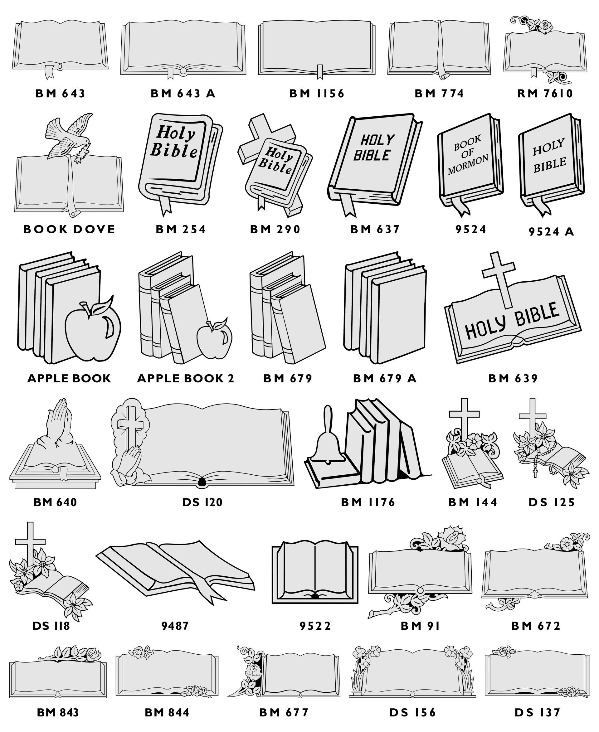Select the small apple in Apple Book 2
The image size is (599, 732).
[215, 339]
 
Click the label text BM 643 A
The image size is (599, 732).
[183, 93]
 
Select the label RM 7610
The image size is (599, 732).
[545, 93]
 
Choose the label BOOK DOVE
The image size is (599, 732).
[69, 230]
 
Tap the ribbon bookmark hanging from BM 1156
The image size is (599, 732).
[320, 71]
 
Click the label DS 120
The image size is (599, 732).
[202, 502]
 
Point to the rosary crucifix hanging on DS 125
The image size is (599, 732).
[535, 472]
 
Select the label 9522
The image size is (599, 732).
[315, 626]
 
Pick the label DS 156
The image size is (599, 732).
[413, 712]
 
